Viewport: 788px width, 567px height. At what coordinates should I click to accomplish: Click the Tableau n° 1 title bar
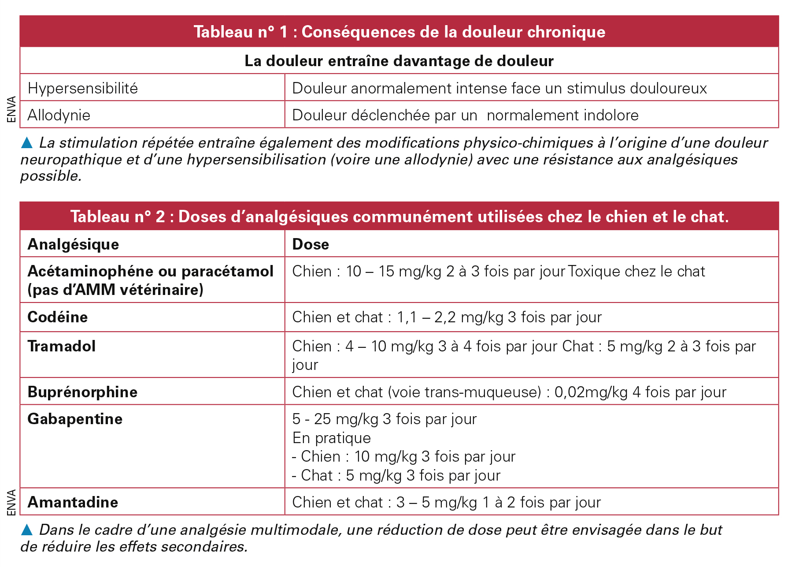(x=399, y=32)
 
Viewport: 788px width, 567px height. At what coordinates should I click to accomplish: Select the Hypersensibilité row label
(x=83, y=88)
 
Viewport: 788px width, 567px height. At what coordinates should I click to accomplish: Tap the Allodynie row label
(x=59, y=115)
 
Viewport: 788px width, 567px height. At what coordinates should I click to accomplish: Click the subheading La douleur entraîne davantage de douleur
(x=399, y=61)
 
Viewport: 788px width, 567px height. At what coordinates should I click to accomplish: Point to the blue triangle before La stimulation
(x=27, y=142)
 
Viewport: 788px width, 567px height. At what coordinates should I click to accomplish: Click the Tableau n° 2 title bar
(x=399, y=216)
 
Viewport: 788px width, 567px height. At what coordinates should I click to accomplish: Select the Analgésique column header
(x=73, y=244)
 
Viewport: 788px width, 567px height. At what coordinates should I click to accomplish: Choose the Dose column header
(x=311, y=244)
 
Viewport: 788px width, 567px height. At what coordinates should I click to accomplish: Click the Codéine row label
(x=58, y=317)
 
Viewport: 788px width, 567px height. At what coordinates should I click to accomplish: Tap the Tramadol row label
(x=62, y=346)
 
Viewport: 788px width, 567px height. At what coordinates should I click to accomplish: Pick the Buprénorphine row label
(x=82, y=392)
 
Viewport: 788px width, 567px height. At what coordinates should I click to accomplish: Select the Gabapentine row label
(x=75, y=419)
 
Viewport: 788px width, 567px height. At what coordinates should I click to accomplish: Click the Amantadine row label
(x=73, y=502)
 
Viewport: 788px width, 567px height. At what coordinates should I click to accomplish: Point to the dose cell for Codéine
(x=447, y=317)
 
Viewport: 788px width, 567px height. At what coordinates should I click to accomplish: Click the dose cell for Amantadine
(x=446, y=502)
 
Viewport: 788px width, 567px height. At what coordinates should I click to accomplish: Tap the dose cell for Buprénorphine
(x=509, y=392)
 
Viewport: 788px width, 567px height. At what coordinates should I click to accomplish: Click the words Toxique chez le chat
(x=636, y=271)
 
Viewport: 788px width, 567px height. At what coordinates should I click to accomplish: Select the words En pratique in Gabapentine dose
(x=331, y=438)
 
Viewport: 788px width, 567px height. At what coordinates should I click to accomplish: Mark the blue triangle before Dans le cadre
(x=27, y=530)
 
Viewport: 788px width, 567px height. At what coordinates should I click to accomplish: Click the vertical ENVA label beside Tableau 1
(x=12, y=109)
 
